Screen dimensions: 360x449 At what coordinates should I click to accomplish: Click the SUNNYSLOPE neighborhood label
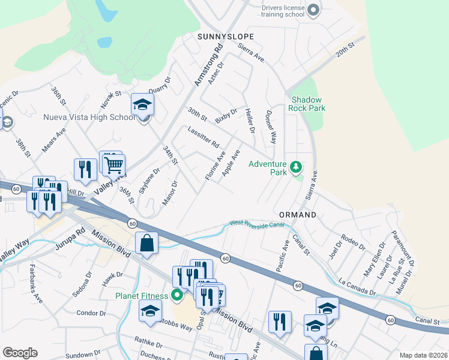[x=226, y=37]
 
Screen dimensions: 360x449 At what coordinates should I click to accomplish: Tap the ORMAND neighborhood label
[x=298, y=214]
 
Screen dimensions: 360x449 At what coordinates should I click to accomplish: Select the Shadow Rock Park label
[x=308, y=104]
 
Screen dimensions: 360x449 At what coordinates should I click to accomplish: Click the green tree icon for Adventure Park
[x=295, y=166]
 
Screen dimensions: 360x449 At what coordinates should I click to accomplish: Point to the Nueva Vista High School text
[x=89, y=117]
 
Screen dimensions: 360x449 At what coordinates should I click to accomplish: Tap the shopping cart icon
[x=114, y=164]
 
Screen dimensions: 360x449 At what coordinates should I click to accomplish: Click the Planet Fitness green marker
[x=176, y=295]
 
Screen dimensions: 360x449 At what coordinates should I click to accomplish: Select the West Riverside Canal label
[x=256, y=224]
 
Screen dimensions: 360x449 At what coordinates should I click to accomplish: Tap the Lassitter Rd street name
[x=203, y=137]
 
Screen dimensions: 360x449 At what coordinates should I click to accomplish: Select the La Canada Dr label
[x=357, y=286]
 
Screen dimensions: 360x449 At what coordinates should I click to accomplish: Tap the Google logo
[x=20, y=353]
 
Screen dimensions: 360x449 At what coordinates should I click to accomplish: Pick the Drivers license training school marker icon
[x=313, y=10]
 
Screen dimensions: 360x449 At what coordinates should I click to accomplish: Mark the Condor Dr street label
[x=92, y=313]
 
